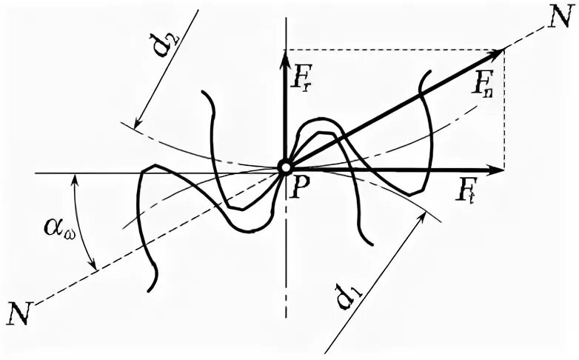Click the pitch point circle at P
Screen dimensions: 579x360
point(285,168)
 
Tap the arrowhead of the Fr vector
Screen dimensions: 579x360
point(285,56)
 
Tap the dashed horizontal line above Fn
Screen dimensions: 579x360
point(392,50)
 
